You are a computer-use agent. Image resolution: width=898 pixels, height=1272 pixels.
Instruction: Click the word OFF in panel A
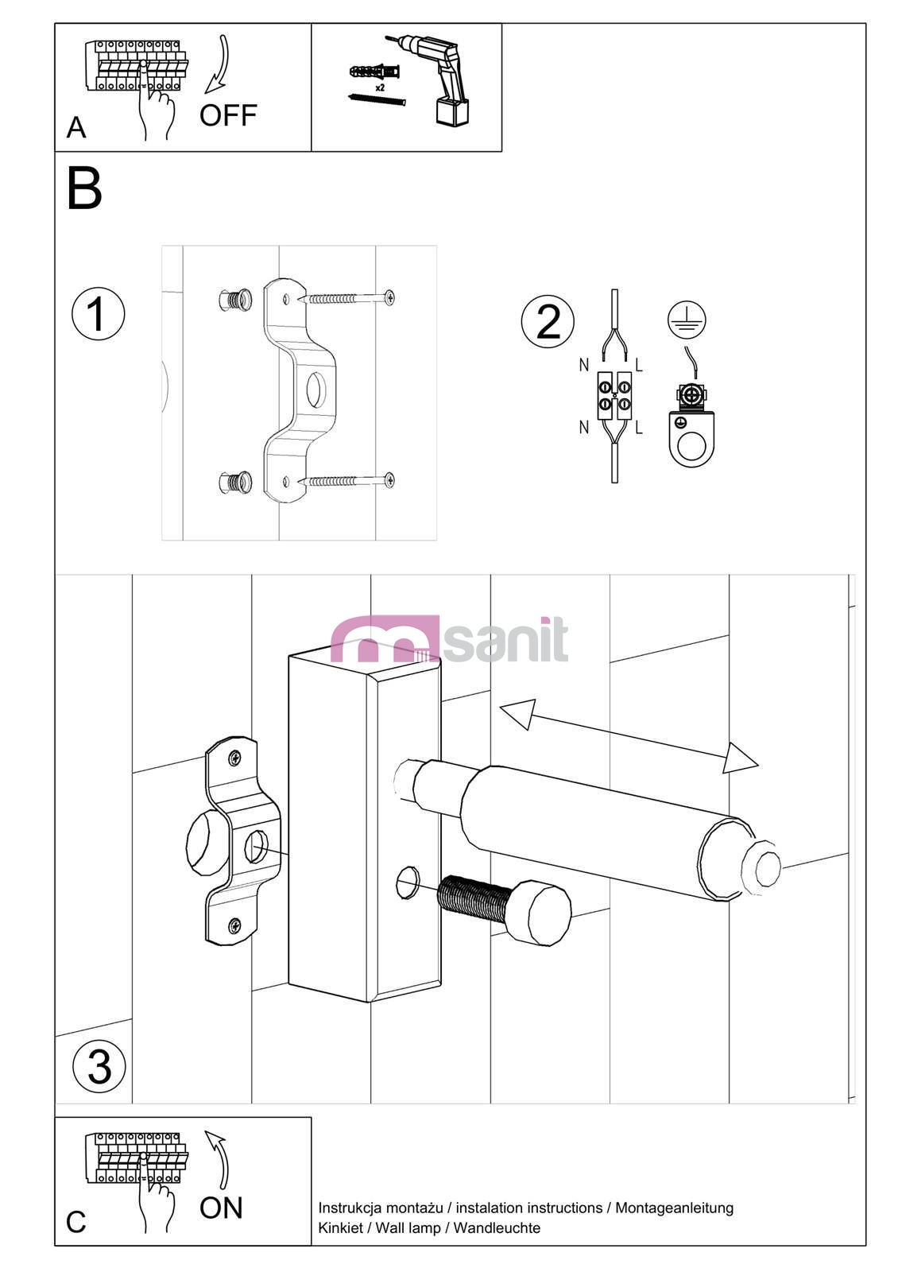tap(228, 115)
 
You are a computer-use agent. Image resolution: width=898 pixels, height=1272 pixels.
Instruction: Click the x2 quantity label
tap(380, 88)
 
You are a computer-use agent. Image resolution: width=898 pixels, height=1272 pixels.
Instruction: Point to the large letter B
tap(84, 188)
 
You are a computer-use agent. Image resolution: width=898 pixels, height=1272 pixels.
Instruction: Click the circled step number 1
tap(99, 314)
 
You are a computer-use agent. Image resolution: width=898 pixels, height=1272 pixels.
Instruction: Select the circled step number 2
tap(548, 321)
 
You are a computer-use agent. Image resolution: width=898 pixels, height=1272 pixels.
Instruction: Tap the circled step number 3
tap(99, 1067)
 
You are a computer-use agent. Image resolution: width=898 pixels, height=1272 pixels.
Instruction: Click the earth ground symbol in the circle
tap(687, 320)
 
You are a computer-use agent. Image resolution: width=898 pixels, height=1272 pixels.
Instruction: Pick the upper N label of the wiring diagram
tap(584, 365)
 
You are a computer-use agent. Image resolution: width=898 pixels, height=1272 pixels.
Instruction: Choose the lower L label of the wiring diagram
tap(639, 428)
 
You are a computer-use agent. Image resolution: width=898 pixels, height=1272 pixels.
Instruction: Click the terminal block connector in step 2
tap(615, 396)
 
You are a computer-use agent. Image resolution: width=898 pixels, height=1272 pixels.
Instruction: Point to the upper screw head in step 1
tap(389, 297)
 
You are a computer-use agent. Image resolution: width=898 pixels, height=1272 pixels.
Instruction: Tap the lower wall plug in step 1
tap(235, 483)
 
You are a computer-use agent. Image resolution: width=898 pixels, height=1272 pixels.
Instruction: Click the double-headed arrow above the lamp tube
tap(629, 736)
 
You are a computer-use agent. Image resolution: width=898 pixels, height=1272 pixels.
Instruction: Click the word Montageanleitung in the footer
tap(675, 1208)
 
